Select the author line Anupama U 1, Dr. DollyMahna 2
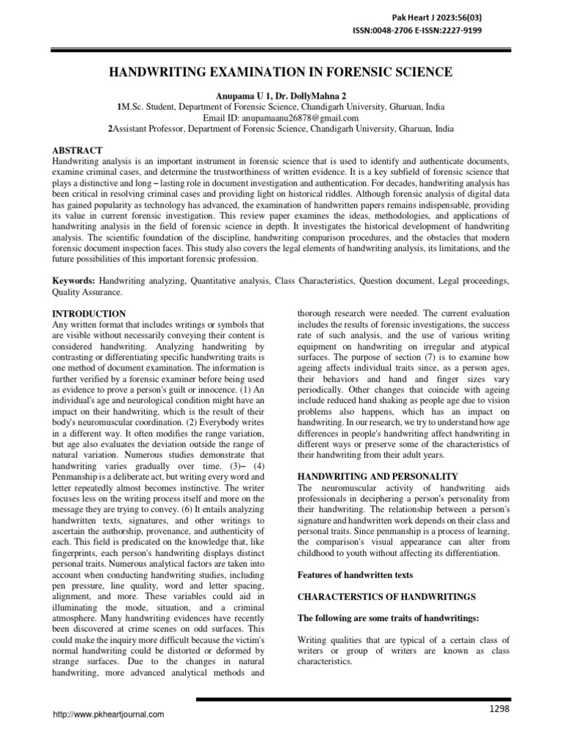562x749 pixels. tap(280, 95)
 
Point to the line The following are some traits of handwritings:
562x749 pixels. tap(388, 619)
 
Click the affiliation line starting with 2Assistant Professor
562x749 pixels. tap(280, 128)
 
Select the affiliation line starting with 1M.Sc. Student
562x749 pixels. tap(280, 106)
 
